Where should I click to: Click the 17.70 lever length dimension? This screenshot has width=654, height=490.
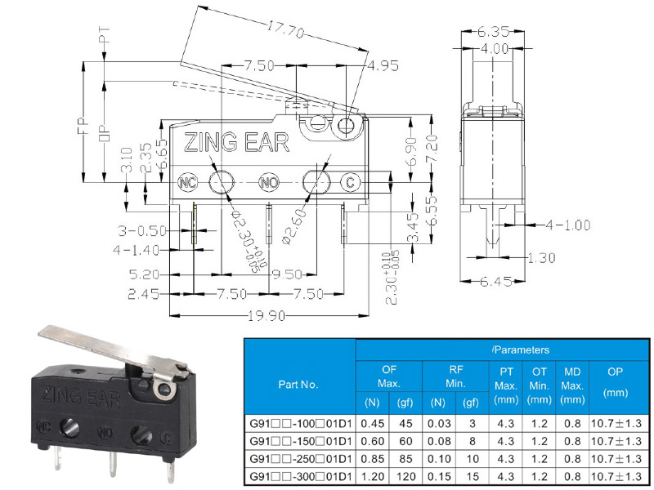tap(285, 29)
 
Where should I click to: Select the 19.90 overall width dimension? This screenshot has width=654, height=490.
tap(267, 316)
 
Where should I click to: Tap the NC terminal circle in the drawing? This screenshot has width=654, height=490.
tap(187, 182)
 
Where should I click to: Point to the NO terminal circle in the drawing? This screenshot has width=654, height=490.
tap(269, 182)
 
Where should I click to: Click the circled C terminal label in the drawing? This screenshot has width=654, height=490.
tap(351, 182)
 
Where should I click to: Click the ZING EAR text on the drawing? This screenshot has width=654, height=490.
tap(236, 142)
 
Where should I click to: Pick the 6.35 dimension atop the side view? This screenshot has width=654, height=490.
tap(494, 31)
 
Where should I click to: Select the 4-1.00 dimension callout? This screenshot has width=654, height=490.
tap(568, 225)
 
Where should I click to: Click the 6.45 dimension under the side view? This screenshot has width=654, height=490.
tap(495, 282)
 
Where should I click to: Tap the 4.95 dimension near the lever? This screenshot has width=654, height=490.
tap(383, 66)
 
